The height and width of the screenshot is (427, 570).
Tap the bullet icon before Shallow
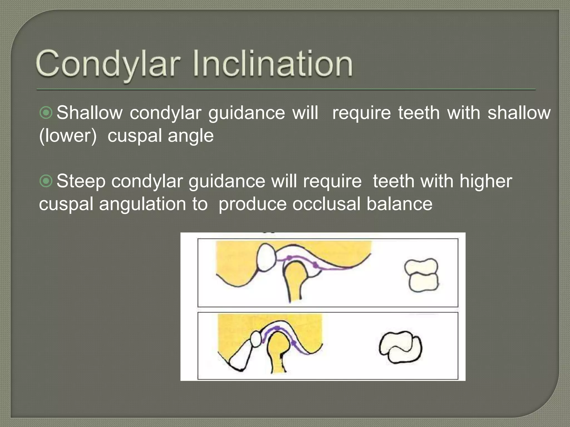(46, 113)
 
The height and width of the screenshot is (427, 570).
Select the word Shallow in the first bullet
(90, 113)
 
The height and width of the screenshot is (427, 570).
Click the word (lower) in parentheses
(68, 136)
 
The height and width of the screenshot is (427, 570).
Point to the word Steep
(81, 181)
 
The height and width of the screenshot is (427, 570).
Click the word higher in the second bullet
(485, 181)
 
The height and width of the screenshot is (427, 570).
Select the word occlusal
(326, 204)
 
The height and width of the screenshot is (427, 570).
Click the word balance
(399, 204)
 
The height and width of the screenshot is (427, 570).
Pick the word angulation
(142, 204)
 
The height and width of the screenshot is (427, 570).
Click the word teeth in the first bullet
(419, 113)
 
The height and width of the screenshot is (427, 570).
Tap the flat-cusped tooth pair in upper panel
(421, 275)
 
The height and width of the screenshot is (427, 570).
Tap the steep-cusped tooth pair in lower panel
(401, 347)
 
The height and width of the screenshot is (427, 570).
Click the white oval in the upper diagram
(266, 257)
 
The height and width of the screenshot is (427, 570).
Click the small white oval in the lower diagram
(256, 340)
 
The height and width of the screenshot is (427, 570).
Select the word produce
(252, 204)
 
